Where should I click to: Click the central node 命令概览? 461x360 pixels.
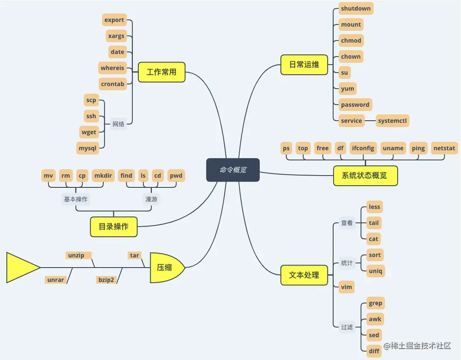pyautogui.click(x=233, y=170)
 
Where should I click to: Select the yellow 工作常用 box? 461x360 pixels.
pyautogui.click(x=162, y=72)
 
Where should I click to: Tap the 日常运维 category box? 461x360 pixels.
pyautogui.click(x=304, y=65)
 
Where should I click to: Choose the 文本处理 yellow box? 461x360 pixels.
pyautogui.click(x=304, y=275)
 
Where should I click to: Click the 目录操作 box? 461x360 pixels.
pyautogui.click(x=113, y=227)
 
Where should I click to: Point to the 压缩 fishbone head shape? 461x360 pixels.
pyautogui.click(x=166, y=268)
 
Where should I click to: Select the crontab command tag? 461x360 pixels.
pyautogui.click(x=113, y=84)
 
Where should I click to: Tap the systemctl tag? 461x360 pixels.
pyautogui.click(x=393, y=121)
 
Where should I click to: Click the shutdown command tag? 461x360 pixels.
pyautogui.click(x=356, y=8)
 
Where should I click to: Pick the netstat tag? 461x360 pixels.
pyautogui.click(x=445, y=148)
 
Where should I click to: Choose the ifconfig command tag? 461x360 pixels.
pyautogui.click(x=363, y=148)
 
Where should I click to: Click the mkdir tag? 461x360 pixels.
pyautogui.click(x=103, y=176)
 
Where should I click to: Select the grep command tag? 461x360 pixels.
pyautogui.click(x=375, y=303)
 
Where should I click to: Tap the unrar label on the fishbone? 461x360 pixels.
pyautogui.click(x=56, y=280)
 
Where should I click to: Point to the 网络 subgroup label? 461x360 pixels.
pyautogui.click(x=119, y=124)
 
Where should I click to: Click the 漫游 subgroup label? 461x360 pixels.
pyautogui.click(x=151, y=199)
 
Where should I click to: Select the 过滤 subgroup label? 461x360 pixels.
pyautogui.click(x=347, y=327)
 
